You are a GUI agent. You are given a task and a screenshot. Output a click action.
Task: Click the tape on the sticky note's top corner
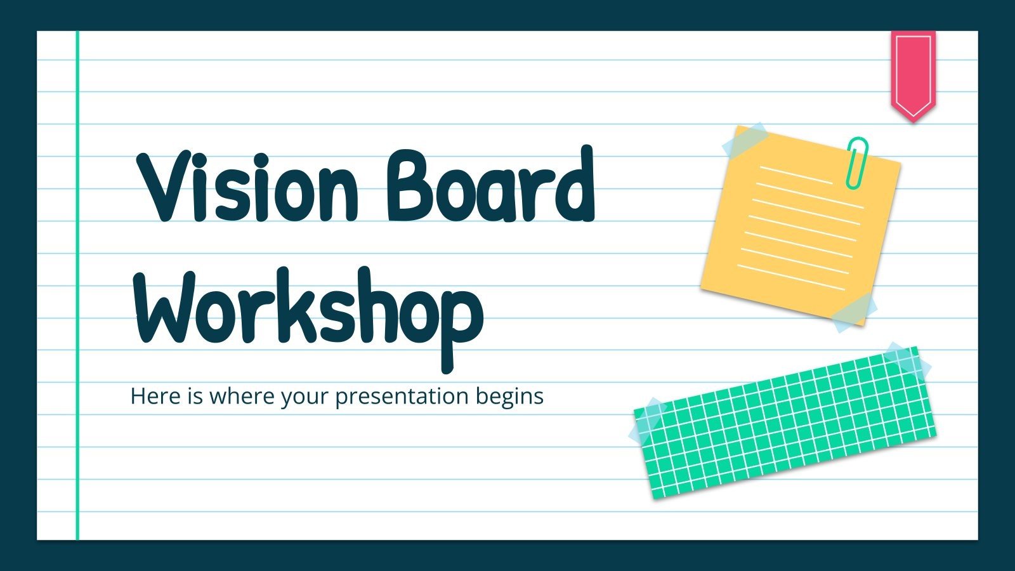(x=745, y=141)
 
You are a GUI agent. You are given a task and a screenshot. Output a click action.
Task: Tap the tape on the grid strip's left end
(x=647, y=421)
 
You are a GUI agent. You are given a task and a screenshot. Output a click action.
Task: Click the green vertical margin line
(x=77, y=285)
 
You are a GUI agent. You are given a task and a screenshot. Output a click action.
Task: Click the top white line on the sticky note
(x=796, y=175)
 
